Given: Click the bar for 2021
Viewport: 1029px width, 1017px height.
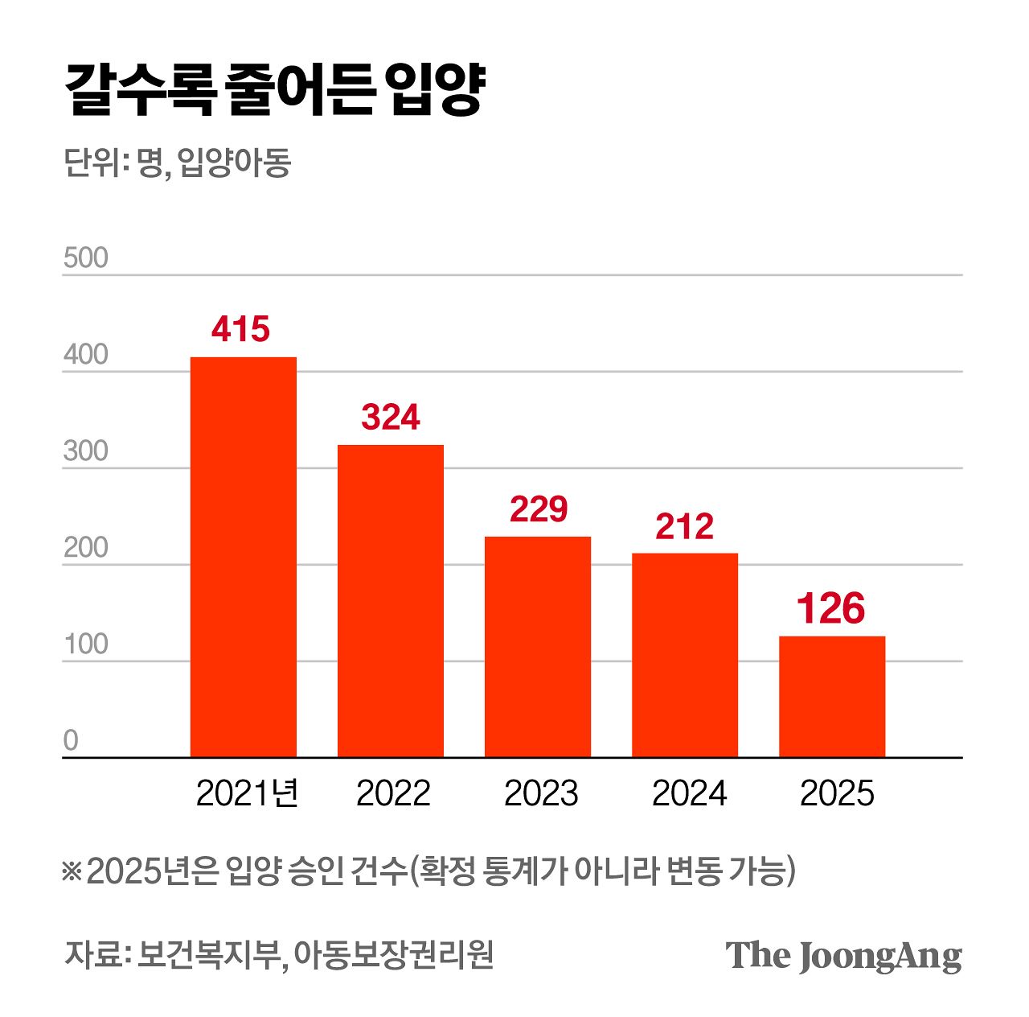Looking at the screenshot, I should pyautogui.click(x=243, y=557).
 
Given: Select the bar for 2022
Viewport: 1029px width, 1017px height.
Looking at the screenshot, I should pyautogui.click(x=390, y=600).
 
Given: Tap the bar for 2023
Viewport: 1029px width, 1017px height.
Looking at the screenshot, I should pyautogui.click(x=537, y=646).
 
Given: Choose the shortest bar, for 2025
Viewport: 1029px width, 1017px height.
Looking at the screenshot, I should pyautogui.click(x=832, y=696).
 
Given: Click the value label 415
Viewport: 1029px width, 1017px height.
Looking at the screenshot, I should pyautogui.click(x=241, y=329).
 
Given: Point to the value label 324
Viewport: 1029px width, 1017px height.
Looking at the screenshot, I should pyautogui.click(x=390, y=417).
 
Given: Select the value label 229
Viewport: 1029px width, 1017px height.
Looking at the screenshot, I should pyautogui.click(x=538, y=508).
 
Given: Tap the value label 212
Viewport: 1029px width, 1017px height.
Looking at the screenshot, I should pyautogui.click(x=684, y=526).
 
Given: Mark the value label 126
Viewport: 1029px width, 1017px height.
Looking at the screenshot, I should pyautogui.click(x=831, y=608).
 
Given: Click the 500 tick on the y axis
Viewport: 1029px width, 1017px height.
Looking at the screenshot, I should pyautogui.click(x=85, y=257).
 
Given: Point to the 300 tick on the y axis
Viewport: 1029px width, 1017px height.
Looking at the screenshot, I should pyautogui.click(x=85, y=451).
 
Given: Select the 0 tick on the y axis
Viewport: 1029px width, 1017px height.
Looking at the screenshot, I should pyautogui.click(x=71, y=740).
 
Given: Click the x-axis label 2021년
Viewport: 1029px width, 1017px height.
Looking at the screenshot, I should pyautogui.click(x=247, y=793).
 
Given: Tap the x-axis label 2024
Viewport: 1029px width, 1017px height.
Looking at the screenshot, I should pyautogui.click(x=689, y=793).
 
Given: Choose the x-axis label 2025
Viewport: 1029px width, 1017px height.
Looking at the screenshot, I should pyautogui.click(x=837, y=793).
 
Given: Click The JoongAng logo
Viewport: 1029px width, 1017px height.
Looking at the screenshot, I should pyautogui.click(x=843, y=956).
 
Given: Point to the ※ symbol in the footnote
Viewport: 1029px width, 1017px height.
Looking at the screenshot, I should pyautogui.click(x=72, y=871).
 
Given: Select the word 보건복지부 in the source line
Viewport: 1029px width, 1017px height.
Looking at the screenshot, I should pyautogui.click(x=208, y=955).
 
